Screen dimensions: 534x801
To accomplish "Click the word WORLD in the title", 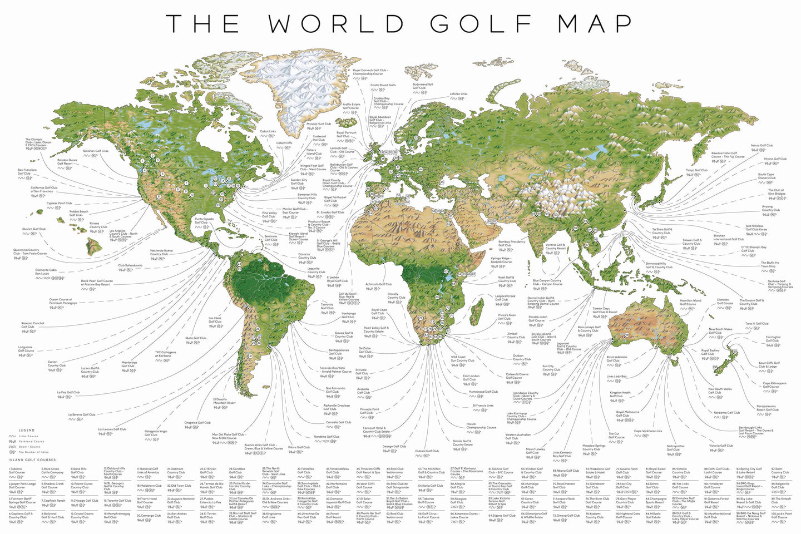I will [336, 24].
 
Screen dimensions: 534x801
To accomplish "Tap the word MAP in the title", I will [595, 24].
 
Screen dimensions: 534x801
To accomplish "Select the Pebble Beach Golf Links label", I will [78, 213].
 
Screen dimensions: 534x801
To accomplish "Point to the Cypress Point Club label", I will [59, 203].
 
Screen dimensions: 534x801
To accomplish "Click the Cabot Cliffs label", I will [284, 143].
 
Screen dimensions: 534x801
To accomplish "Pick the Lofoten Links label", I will [458, 94].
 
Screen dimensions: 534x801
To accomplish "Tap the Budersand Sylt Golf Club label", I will [423, 86].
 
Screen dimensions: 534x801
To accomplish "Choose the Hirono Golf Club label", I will [775, 160].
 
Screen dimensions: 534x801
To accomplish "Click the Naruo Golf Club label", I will [762, 146].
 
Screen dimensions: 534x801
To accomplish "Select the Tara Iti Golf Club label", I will [756, 323].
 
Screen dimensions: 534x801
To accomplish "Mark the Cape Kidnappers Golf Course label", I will [774, 384].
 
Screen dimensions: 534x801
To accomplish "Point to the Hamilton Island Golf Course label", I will [690, 302].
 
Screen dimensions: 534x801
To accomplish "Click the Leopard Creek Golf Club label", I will [505, 298].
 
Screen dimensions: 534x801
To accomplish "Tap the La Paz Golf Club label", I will [68, 392].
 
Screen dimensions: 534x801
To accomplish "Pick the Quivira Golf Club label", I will [34, 229].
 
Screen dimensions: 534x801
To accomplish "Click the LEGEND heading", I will [26, 430].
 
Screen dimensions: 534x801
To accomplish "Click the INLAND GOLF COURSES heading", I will [32, 460].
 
